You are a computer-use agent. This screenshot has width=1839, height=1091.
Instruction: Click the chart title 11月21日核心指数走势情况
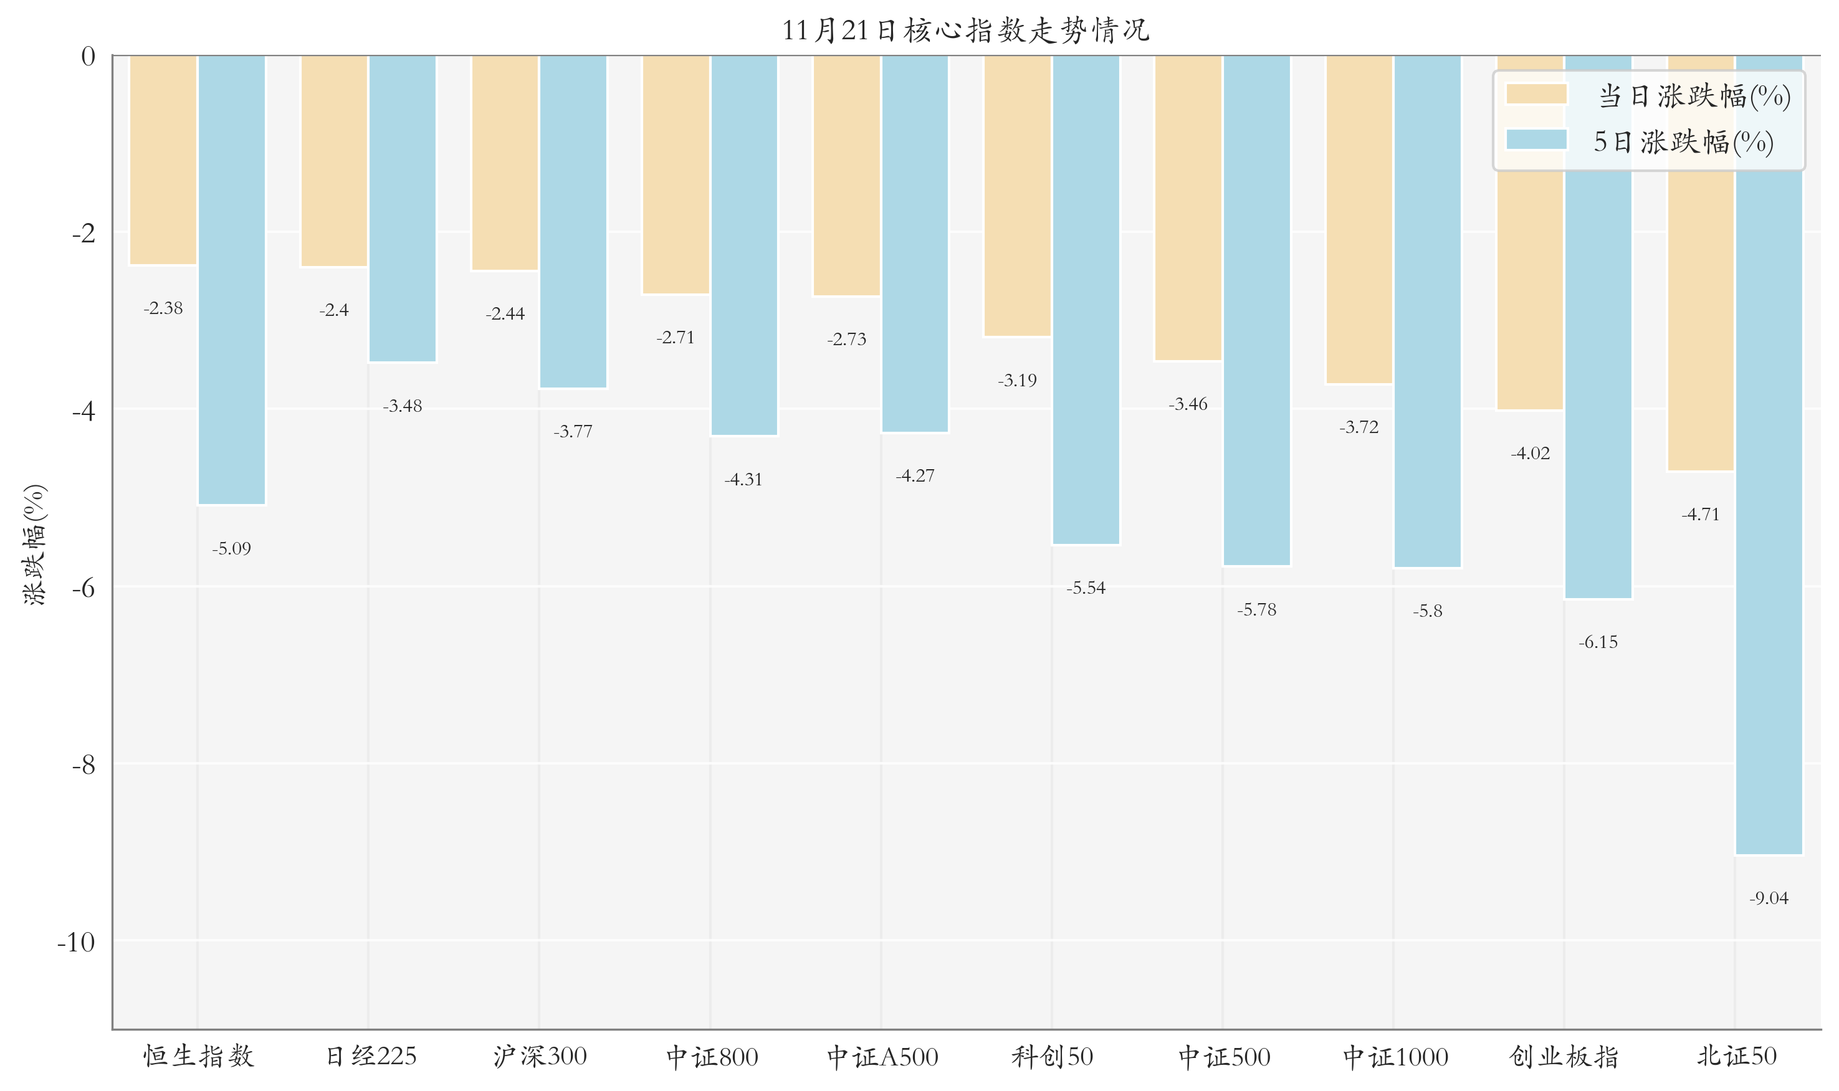click(965, 30)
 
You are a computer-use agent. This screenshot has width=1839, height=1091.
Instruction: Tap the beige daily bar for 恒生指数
click(163, 160)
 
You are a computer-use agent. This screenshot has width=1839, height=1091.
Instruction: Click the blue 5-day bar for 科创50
click(1086, 299)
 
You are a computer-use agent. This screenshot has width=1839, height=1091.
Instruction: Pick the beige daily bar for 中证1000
click(1359, 219)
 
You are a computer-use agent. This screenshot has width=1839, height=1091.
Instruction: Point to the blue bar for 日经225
click(402, 208)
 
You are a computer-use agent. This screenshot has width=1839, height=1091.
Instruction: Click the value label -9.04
click(1769, 898)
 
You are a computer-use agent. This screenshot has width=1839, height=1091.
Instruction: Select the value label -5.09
click(232, 548)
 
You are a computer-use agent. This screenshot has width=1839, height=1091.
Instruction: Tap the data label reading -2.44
click(505, 314)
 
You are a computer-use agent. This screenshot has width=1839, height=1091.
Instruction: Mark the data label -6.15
click(1598, 642)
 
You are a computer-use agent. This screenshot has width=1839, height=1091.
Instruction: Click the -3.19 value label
click(1017, 380)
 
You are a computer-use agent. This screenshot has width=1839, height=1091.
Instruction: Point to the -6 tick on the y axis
click(84, 588)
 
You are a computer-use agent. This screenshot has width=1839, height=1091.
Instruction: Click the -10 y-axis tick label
click(77, 941)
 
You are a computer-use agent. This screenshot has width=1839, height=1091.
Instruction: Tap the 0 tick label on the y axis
click(88, 56)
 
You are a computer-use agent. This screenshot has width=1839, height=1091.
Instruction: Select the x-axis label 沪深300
click(540, 1057)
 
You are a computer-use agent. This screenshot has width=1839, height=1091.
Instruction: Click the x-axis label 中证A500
click(882, 1057)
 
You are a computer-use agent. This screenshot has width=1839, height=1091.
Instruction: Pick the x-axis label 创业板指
click(1564, 1057)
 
